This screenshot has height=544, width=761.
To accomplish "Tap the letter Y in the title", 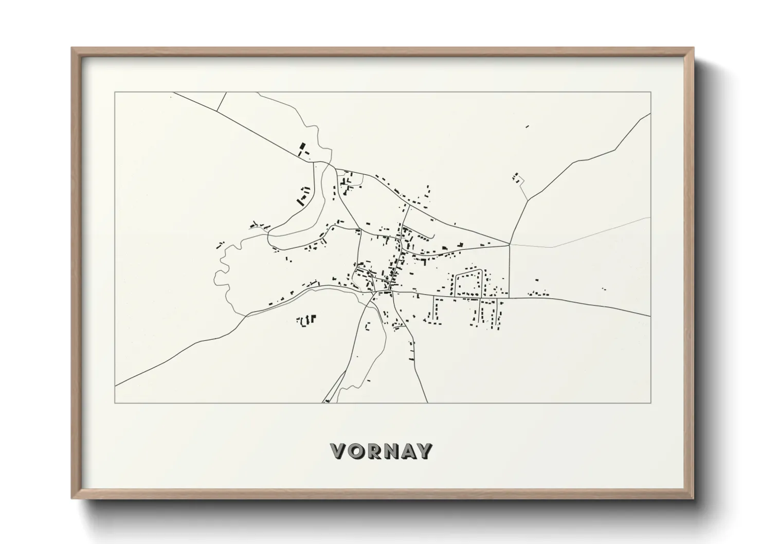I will [424, 451].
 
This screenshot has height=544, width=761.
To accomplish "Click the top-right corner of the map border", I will [650, 93].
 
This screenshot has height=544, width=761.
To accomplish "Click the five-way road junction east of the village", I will [510, 244].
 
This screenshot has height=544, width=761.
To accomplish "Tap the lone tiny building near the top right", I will [527, 126].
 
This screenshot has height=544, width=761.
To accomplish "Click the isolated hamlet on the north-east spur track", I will [517, 178].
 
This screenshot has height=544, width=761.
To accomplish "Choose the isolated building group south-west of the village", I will [306, 320].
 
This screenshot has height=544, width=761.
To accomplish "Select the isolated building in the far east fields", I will [604, 289].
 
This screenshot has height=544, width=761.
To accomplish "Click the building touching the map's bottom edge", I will [327, 401].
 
